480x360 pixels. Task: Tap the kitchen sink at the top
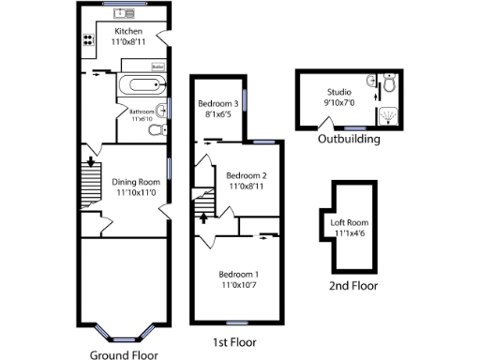[125, 12]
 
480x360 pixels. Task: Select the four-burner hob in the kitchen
[89, 40]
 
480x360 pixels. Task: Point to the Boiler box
[158, 67]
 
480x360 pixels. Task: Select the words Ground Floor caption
[122, 354]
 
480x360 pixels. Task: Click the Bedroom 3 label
[217, 103]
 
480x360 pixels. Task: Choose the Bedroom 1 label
[239, 274]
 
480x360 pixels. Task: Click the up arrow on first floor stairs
[203, 217]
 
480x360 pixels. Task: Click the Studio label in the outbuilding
[338, 92]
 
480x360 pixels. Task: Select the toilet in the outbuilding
[391, 82]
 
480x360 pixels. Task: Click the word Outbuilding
[348, 139]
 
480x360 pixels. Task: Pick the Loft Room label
[350, 222]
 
